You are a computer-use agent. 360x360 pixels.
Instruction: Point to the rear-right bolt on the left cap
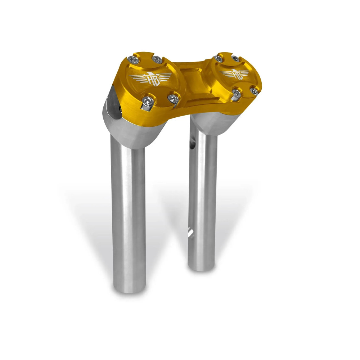click(x=157, y=59)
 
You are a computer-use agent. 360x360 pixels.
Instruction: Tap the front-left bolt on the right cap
click(x=236, y=93)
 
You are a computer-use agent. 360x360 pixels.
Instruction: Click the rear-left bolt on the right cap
click(x=218, y=59)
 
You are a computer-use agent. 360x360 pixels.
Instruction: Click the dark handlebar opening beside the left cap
click(x=114, y=106)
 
